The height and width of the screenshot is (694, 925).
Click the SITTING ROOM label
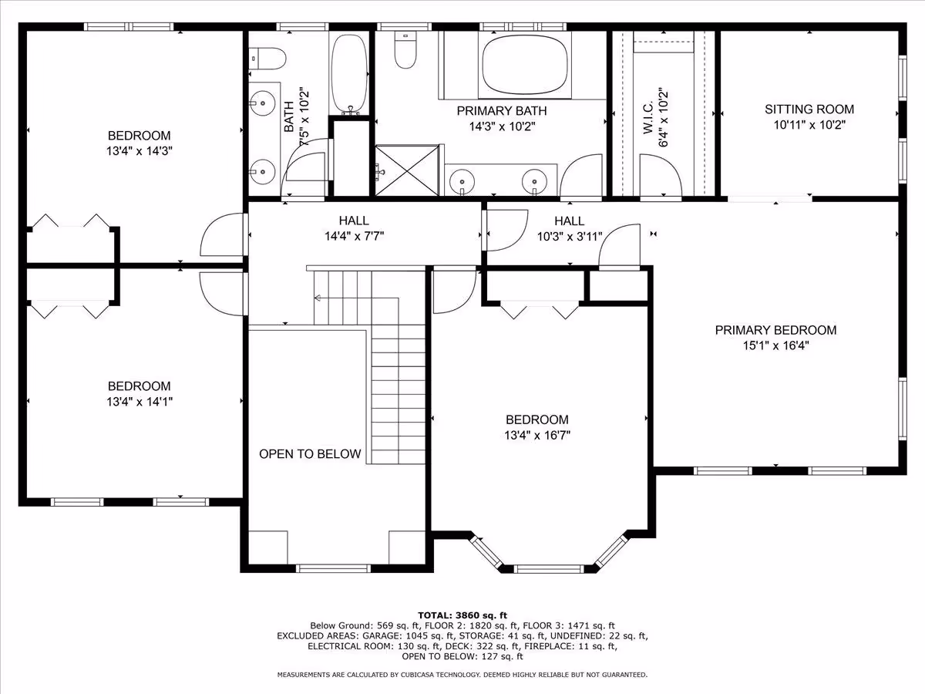pos(809,109)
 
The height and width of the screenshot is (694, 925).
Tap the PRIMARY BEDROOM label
pos(775,330)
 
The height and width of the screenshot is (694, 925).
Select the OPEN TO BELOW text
pos(310,454)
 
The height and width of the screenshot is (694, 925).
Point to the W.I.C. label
pos(647,117)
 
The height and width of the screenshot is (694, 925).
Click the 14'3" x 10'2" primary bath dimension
pos(502,126)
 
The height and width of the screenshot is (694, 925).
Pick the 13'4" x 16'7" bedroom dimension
pos(537,435)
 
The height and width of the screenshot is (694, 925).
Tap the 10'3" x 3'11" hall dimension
pos(570,237)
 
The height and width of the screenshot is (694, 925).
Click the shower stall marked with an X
pos(407,170)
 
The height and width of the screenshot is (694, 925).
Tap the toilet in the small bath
pos(267,59)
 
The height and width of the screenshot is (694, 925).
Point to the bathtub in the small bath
pos(349,74)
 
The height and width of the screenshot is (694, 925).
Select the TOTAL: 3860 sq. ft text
pos(462,615)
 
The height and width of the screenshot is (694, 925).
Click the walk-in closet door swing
pos(661,175)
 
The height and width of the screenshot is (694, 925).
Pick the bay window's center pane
pos(549,569)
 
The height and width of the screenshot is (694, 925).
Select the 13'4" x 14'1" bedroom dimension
pos(140,402)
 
